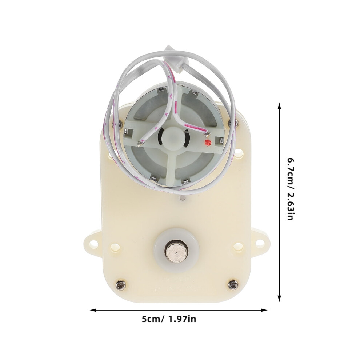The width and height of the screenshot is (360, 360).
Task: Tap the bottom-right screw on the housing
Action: pos(233,285)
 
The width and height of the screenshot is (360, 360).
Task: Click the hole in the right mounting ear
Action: pos(260,242)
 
